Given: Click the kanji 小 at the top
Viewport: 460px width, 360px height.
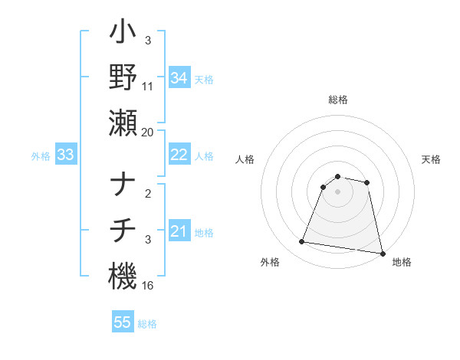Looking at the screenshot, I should tap(123, 34).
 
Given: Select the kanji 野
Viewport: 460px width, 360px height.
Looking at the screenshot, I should tap(123, 78).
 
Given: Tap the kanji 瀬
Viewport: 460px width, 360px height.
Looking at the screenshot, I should tap(123, 123).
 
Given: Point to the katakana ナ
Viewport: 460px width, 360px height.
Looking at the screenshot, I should tap(123, 186).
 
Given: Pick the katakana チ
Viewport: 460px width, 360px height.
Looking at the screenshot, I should tap(123, 231).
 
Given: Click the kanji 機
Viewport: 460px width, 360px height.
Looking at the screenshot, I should tap(123, 275).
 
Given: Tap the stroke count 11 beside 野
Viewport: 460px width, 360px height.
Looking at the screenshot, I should tap(148, 87).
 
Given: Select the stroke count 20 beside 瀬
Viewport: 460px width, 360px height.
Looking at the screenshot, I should tap(148, 132).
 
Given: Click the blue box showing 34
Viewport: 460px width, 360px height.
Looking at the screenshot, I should tap(179, 78).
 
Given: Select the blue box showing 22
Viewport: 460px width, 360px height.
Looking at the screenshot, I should tap(179, 155).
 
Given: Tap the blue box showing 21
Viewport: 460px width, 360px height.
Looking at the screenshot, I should tap(179, 231).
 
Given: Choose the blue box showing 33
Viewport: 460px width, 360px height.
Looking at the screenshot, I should tap(66, 155).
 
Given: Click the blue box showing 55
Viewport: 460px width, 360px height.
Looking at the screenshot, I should tap(123, 322).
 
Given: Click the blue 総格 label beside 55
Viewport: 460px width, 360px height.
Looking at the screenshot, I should tap(147, 323).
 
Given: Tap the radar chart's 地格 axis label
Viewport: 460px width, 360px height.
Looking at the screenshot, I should tap(402, 262).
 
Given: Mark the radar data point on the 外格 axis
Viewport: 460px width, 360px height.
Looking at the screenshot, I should tap(302, 242).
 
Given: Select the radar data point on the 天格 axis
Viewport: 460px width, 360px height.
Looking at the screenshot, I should tap(367, 182).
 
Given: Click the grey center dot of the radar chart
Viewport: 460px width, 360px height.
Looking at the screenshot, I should tap(337, 191).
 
